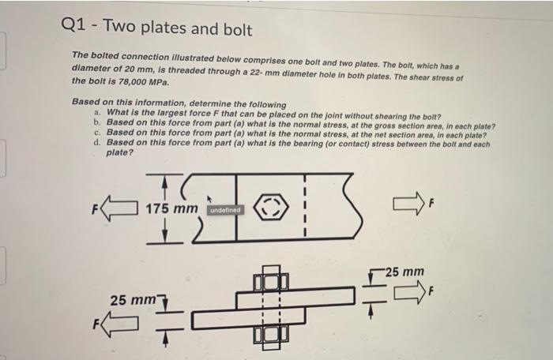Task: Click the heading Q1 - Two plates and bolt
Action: pyautogui.click(x=156, y=30)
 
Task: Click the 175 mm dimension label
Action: pyautogui.click(x=170, y=209)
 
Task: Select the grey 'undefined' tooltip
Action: pyautogui.click(x=226, y=210)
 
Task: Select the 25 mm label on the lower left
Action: pyautogui.click(x=131, y=300)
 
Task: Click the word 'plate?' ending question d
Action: pyautogui.click(x=120, y=152)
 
